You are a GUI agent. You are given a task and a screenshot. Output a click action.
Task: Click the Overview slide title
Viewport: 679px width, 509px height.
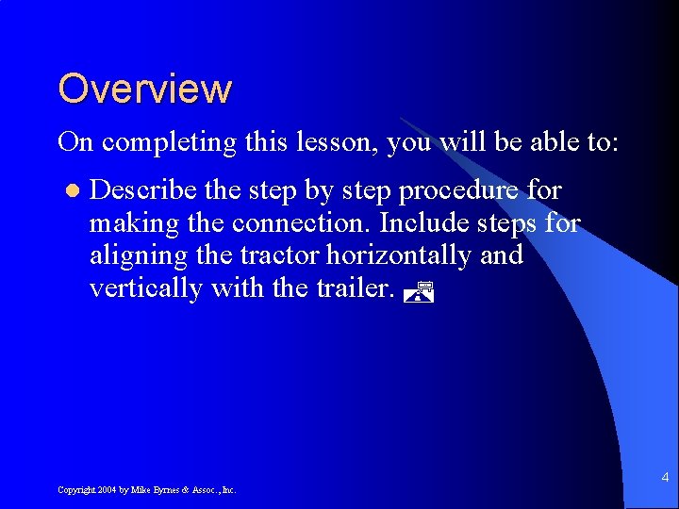(x=144, y=89)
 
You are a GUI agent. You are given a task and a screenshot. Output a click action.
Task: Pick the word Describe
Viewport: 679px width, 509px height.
(x=143, y=190)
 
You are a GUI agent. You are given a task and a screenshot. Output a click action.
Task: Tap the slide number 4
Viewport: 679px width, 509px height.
(x=665, y=478)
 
